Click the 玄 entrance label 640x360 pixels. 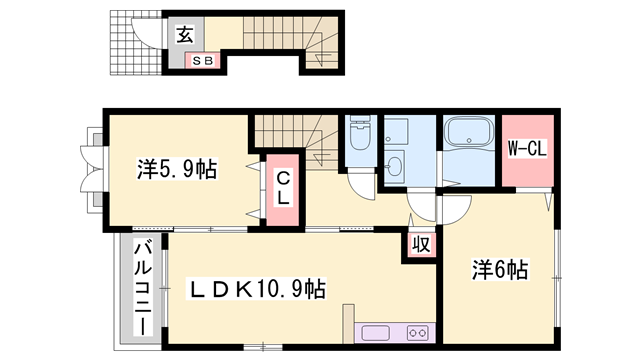tap(186, 35)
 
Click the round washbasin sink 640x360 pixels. tap(395, 165)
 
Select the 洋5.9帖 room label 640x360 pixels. tap(176, 169)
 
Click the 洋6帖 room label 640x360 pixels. tap(500, 269)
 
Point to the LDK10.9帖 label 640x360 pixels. tap(258, 290)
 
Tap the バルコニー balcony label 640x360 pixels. tap(142, 287)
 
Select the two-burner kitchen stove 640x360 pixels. tap(418, 333)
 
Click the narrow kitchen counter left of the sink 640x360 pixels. tap(347, 325)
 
